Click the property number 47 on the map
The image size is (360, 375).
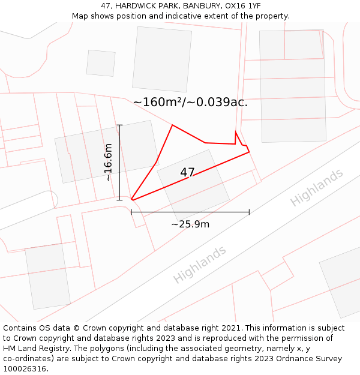click(187, 173)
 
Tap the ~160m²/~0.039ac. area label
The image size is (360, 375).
click(190, 103)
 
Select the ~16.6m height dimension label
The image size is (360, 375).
click(108, 162)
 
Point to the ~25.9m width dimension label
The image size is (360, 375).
click(190, 224)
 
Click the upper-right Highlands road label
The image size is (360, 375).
click(317, 187)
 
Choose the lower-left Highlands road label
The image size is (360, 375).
click(200, 264)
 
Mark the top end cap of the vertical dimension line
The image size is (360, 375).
click(119, 125)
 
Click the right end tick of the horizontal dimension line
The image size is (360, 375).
click(249, 212)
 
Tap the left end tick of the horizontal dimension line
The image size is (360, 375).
click(131, 212)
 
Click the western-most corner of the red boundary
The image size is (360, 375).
click(131, 200)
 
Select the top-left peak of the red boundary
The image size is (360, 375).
click(172, 125)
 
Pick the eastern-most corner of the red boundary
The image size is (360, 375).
click(249, 152)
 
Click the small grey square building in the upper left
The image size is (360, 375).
click(101, 63)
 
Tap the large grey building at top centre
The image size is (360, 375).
click(162, 59)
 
